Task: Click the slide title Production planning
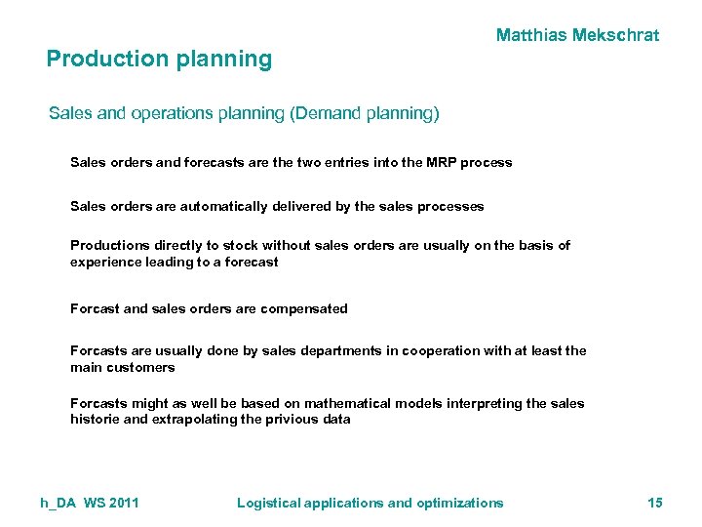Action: (x=159, y=59)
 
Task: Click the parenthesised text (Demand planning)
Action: (x=365, y=114)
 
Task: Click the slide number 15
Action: (x=655, y=503)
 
